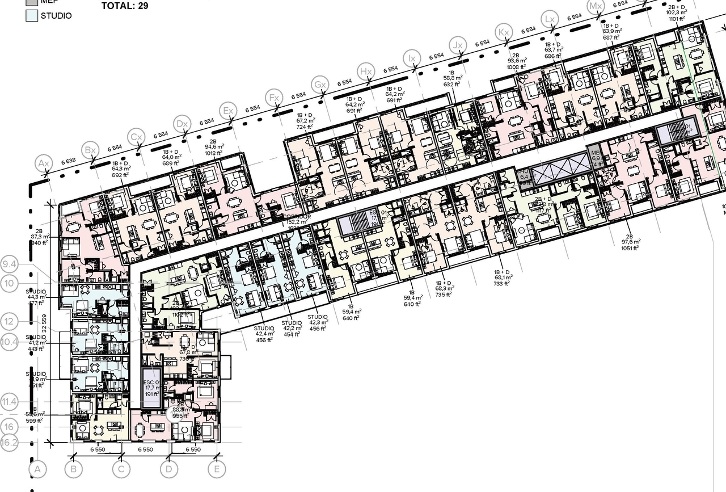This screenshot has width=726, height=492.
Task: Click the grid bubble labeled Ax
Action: coord(43,164)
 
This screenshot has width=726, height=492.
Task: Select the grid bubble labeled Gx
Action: coord(321,85)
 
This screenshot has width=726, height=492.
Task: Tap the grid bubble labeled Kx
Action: coord(503,31)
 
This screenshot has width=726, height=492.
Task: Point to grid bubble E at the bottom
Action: coord(216,469)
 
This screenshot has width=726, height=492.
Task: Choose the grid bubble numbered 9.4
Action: coord(10,264)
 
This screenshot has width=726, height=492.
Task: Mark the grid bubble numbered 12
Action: coord(10,321)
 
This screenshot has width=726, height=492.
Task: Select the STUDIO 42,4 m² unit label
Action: coord(264,334)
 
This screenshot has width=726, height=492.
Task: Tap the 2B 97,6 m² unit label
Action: coord(629,242)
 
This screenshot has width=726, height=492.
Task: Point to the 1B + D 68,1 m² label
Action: coord(503,278)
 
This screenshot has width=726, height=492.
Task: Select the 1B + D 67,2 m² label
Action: coord(305,121)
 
